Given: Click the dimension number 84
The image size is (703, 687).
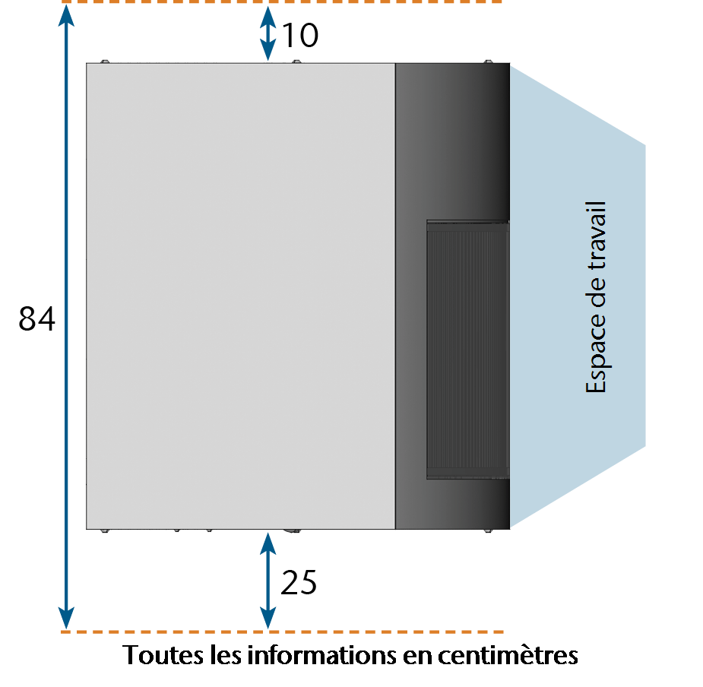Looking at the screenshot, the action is click(x=36, y=318).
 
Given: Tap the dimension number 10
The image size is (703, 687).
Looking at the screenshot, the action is click(x=300, y=35).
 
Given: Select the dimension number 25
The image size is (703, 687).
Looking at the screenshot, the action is click(x=299, y=583).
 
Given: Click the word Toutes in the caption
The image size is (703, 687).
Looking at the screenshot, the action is click(x=163, y=655).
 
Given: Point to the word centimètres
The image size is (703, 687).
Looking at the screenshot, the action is click(x=508, y=655).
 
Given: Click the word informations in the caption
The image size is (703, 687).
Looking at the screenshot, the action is click(x=322, y=655).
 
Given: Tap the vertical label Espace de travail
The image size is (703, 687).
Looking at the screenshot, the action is click(x=596, y=297).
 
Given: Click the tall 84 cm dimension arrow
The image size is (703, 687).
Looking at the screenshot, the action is click(x=66, y=317).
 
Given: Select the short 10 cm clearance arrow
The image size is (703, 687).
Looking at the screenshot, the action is click(x=268, y=33).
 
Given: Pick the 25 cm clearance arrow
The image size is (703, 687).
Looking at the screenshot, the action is click(x=268, y=581).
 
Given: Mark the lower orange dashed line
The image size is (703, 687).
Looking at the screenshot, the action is click(x=282, y=632).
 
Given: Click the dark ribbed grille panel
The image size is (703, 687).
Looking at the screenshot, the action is click(x=467, y=350).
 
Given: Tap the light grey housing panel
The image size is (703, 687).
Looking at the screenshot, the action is click(x=241, y=296).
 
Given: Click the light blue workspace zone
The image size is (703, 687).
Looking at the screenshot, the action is click(x=578, y=296).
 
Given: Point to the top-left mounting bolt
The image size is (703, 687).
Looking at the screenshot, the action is click(x=104, y=62).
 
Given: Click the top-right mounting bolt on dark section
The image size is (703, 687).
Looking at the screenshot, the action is click(x=488, y=62).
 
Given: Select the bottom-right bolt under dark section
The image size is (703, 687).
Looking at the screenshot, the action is click(x=488, y=531).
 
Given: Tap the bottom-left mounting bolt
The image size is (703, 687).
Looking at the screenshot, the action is click(x=104, y=531).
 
